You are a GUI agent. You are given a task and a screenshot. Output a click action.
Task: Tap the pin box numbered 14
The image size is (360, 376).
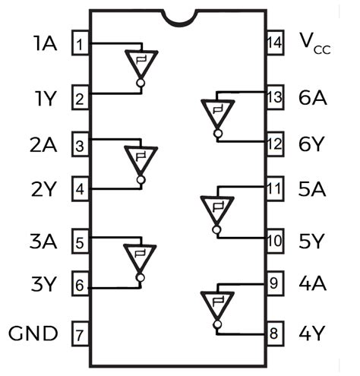(274, 43)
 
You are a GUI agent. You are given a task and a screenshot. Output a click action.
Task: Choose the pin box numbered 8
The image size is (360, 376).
(274, 333)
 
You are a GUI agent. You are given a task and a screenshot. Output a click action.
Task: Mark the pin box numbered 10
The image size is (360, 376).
(274, 241)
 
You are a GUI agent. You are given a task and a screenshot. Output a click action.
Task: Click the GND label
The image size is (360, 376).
(33, 333)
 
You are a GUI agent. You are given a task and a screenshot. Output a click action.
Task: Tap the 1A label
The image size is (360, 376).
(45, 43)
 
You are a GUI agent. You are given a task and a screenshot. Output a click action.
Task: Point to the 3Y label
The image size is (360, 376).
(45, 286)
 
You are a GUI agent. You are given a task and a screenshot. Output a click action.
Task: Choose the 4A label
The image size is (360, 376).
(312, 284)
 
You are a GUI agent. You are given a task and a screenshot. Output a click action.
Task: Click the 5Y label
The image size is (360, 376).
(312, 241)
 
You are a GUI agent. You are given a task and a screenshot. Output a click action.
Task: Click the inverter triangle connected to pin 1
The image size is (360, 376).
(141, 63)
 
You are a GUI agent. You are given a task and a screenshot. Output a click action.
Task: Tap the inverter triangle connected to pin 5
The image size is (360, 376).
(141, 257)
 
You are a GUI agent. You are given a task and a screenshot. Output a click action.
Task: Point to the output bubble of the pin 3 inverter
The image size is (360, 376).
(141, 180)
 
